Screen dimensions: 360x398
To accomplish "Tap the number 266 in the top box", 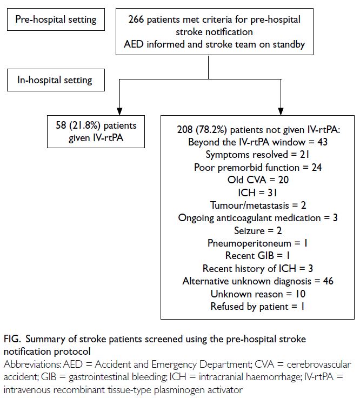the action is pyautogui.click(x=136, y=19).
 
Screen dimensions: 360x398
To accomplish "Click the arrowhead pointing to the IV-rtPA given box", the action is pyautogui.click(x=119, y=111).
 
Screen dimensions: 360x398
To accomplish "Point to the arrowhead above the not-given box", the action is pyautogui.click(x=281, y=111).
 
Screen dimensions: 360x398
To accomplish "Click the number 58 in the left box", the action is pyautogui.click(x=61, y=125).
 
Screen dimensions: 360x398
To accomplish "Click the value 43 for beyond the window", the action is pyautogui.click(x=323, y=142).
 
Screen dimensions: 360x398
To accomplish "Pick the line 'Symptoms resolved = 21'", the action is pyautogui.click(x=257, y=155).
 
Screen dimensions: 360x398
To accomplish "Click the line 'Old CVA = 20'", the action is pyautogui.click(x=258, y=180).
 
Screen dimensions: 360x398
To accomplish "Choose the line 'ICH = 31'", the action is pyautogui.click(x=257, y=193).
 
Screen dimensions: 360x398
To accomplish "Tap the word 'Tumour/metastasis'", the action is pyautogui.click(x=250, y=205).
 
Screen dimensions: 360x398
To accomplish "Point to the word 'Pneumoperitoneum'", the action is pyautogui.click(x=249, y=243).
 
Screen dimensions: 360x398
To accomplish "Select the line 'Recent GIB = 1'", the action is pyautogui.click(x=257, y=256).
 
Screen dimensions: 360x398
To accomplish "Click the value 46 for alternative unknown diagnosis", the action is pyautogui.click(x=328, y=281).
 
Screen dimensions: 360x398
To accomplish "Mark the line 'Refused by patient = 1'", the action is pyautogui.click(x=257, y=307).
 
